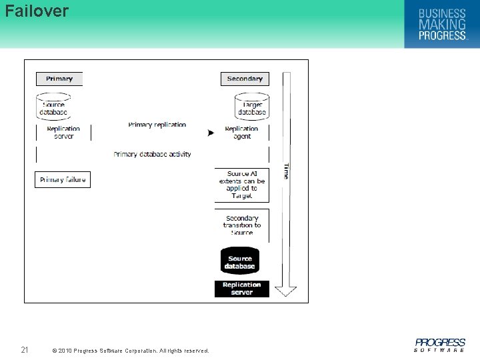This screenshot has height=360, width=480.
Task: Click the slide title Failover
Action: coord(37,11)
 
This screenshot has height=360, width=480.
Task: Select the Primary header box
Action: coord(59,79)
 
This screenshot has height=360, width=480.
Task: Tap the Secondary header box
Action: coord(245,79)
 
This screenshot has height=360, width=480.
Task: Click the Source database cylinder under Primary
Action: coord(53,107)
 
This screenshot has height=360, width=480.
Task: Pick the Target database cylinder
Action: coord(252,107)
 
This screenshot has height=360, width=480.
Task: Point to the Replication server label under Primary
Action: coord(63,132)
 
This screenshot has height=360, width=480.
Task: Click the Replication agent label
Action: coord(241,132)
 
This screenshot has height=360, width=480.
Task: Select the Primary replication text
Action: coord(157,125)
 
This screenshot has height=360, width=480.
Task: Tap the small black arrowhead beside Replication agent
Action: coord(211,133)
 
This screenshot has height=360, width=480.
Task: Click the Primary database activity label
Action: coord(152,154)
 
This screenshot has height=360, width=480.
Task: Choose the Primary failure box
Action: coord(63,179)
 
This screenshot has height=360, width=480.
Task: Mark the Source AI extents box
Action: coord(241,185)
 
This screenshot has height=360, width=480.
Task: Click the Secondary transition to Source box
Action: coord(241,225)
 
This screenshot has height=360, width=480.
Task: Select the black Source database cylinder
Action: coord(240,261)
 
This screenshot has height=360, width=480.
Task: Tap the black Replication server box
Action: coord(241,289)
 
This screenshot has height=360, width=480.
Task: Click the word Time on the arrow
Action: coord(286,171)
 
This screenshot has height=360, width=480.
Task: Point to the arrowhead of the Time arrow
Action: coord(286,291)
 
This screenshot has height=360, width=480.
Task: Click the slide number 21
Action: coord(25,350)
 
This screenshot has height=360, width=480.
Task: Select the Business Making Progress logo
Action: coord(441,25)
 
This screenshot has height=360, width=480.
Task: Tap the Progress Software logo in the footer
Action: coord(440,345)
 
